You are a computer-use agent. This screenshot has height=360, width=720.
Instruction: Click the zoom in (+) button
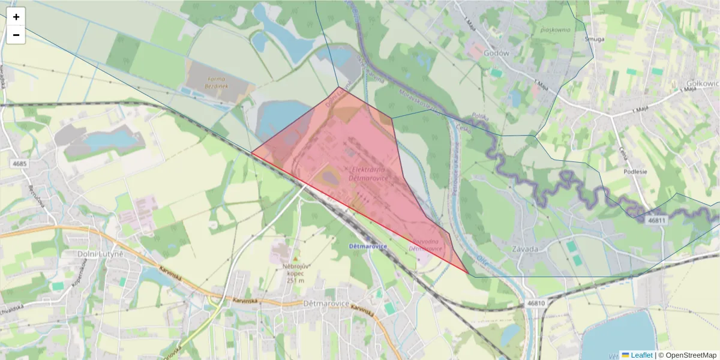(x=16, y=17)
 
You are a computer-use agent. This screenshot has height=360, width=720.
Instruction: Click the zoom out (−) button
(x=16, y=35)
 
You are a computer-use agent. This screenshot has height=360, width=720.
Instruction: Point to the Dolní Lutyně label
(x=100, y=254)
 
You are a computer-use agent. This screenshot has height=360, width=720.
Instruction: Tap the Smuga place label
(x=594, y=39)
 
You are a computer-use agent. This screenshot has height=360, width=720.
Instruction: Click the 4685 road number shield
(x=19, y=163)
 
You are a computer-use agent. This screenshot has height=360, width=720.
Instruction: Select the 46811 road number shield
(x=657, y=220)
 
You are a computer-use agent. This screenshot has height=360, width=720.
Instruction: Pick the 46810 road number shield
(x=536, y=303)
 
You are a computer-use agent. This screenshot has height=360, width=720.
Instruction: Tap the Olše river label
(x=482, y=259)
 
